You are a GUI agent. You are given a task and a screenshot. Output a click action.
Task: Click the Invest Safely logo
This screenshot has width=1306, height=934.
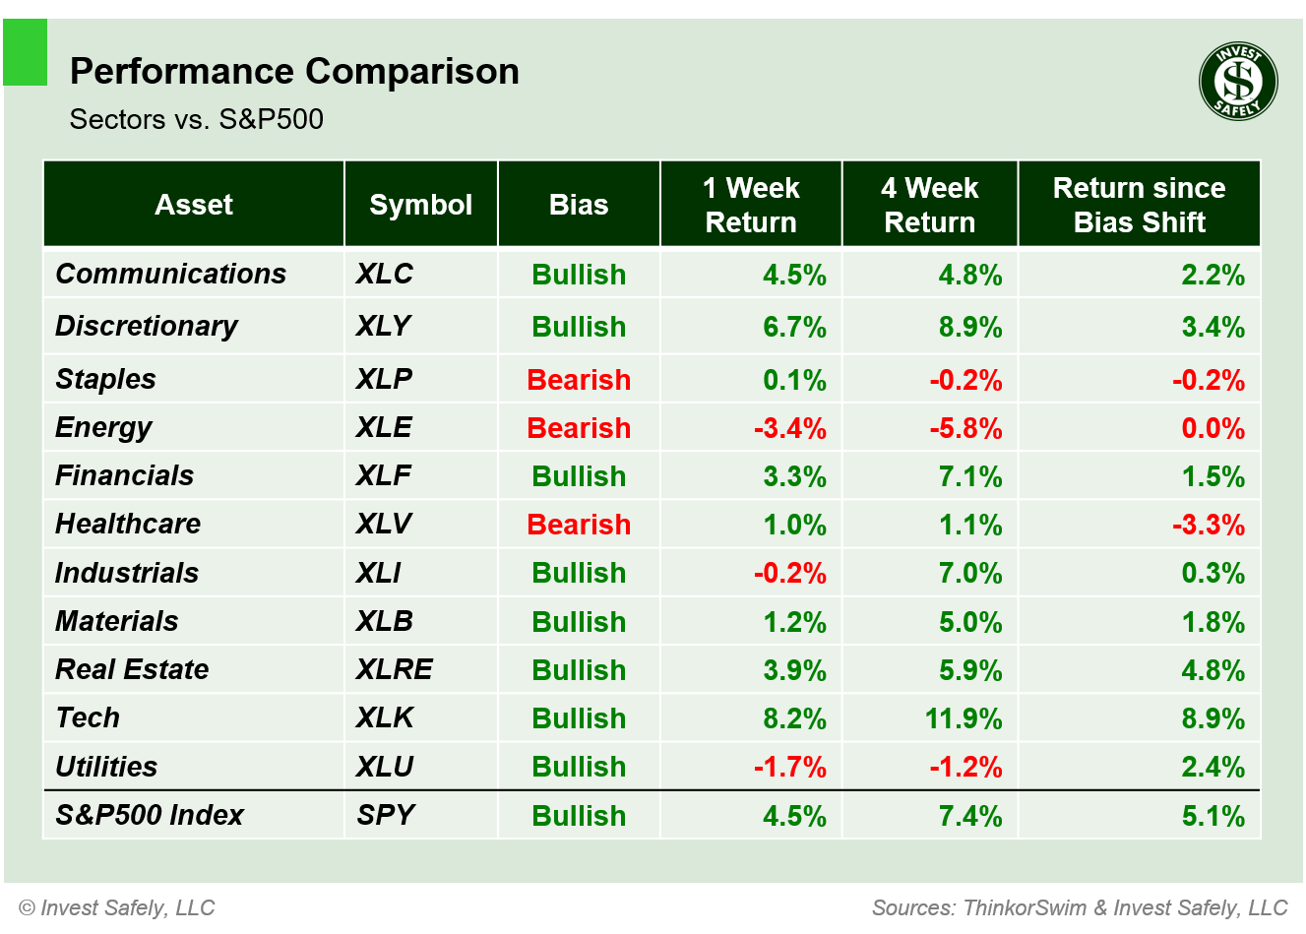1238,82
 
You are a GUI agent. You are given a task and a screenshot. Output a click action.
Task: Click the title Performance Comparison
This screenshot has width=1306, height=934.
294,72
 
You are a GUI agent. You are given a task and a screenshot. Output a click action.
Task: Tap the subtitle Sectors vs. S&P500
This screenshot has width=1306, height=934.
196,120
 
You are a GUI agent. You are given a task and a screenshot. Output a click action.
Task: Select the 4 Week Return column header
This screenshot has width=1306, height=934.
929,205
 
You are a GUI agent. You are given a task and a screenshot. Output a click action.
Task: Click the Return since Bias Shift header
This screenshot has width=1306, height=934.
1139,205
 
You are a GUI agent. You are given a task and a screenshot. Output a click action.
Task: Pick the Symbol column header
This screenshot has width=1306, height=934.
420,205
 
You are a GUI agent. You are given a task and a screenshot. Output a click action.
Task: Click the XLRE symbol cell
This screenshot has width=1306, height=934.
394,670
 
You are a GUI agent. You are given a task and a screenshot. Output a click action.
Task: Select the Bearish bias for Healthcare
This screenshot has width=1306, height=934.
579,525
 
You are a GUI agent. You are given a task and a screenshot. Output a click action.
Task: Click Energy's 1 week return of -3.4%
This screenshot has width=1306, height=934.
789,428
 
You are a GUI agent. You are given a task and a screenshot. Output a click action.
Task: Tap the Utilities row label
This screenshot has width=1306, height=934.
106,767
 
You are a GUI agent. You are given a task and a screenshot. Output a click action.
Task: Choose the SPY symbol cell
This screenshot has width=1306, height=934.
386,815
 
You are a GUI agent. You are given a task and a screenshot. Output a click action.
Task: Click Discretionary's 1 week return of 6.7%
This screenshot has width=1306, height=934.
794,327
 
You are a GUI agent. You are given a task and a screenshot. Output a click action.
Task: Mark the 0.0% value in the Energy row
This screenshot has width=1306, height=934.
1213,428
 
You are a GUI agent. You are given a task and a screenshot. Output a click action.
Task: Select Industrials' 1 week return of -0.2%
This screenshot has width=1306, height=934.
789,573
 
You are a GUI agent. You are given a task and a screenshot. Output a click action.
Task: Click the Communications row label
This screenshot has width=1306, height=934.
170,274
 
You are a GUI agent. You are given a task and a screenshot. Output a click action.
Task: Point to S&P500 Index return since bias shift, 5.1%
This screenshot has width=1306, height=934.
1213,816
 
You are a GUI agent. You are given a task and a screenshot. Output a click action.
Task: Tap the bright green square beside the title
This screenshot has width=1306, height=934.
26,52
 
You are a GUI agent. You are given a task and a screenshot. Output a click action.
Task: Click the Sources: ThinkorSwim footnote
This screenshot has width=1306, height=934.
1080,907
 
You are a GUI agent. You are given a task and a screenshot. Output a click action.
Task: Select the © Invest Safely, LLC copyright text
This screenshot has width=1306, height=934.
117,907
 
